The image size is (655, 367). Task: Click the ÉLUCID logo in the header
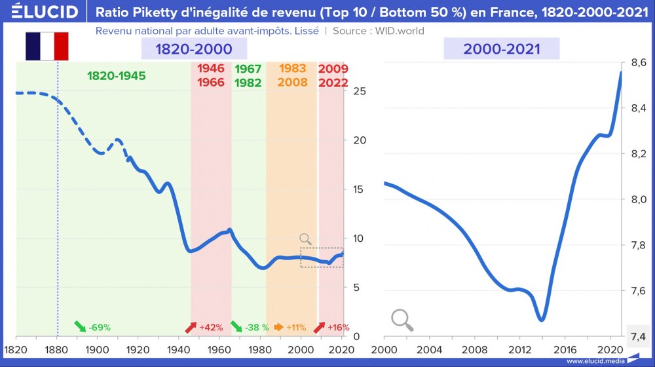[41, 12]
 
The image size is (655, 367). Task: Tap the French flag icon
[47, 46]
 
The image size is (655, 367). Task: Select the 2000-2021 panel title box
[501, 48]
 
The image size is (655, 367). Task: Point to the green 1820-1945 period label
[117, 76]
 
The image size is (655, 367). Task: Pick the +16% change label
[332, 327]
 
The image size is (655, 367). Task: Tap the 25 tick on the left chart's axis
[359, 91]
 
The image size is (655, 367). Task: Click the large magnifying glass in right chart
[402, 319]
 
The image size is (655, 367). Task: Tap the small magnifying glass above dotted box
[305, 239]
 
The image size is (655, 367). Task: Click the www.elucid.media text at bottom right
[594, 360]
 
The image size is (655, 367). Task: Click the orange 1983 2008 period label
[291, 76]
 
